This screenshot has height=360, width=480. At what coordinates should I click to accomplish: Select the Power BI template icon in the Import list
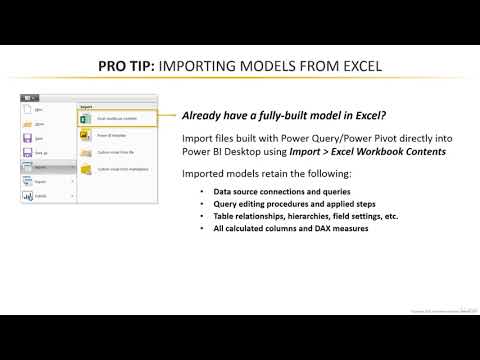coord(85,135)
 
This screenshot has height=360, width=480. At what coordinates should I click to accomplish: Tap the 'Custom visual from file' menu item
coord(114,153)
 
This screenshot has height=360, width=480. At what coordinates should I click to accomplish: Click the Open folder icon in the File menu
coord(28,125)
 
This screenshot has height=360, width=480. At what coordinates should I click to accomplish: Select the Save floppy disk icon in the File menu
coord(28,139)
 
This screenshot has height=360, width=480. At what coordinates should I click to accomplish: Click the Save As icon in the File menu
coord(28,153)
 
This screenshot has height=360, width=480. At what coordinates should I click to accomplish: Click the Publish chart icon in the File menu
coord(28,197)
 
